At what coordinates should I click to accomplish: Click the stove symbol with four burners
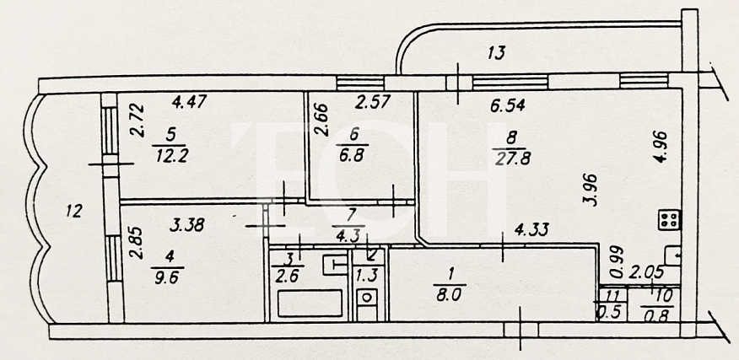click(x=669, y=219)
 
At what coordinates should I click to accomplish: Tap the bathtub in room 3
click(x=310, y=304)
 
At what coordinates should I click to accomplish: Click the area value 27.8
click(x=512, y=159)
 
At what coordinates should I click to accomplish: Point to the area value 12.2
click(x=170, y=155)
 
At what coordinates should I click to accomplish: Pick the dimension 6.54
click(x=508, y=106)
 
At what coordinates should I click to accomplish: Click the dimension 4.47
click(x=189, y=102)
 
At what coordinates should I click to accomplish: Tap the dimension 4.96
click(x=662, y=147)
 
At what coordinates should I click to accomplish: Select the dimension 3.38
click(x=186, y=225)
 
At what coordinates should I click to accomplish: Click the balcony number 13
click(x=496, y=53)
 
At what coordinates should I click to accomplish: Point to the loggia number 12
click(x=74, y=211)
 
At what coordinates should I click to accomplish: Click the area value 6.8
click(x=354, y=155)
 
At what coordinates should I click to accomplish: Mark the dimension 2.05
click(x=648, y=271)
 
